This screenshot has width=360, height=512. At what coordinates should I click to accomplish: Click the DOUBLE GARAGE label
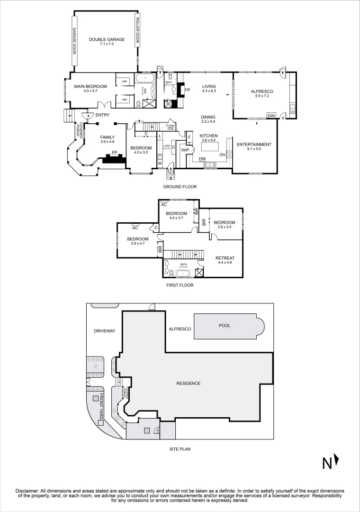pyautogui.click(x=107, y=39)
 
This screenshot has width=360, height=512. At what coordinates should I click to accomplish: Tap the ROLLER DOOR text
pyautogui.click(x=137, y=30)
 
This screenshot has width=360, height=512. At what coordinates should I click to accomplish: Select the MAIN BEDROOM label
pyautogui.click(x=90, y=86)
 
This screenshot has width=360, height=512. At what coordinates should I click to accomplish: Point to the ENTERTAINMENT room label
pyautogui.click(x=254, y=145)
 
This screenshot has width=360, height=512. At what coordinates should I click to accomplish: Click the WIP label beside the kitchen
pyautogui.click(x=185, y=150)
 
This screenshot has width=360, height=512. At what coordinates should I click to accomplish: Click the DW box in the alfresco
pyautogui.click(x=271, y=116)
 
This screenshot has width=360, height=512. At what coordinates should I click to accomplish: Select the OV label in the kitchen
pyautogui.click(x=222, y=155)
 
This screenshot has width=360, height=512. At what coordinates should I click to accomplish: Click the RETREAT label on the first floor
pyautogui.click(x=225, y=258)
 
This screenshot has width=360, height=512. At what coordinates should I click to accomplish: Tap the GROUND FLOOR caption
pyautogui.click(x=180, y=187)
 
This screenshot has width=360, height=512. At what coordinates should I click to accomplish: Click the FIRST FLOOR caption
pyautogui.click(x=180, y=285)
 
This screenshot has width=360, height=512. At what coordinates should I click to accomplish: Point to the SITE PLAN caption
pyautogui.click(x=180, y=448)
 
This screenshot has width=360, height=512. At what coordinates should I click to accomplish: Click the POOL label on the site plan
pyautogui.click(x=224, y=326)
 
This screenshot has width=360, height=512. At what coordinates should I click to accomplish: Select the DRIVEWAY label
pyautogui.click(x=104, y=331)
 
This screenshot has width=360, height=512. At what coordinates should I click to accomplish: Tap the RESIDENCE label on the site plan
pyautogui.click(x=188, y=384)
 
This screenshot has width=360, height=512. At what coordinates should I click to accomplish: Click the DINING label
pyautogui.click(x=208, y=117)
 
